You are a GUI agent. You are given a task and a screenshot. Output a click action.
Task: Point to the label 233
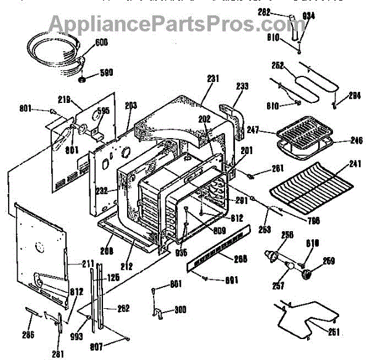tap(242, 87)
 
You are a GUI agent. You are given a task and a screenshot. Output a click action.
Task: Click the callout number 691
tap(231, 280)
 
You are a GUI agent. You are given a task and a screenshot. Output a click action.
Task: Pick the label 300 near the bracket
tap(180, 309)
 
